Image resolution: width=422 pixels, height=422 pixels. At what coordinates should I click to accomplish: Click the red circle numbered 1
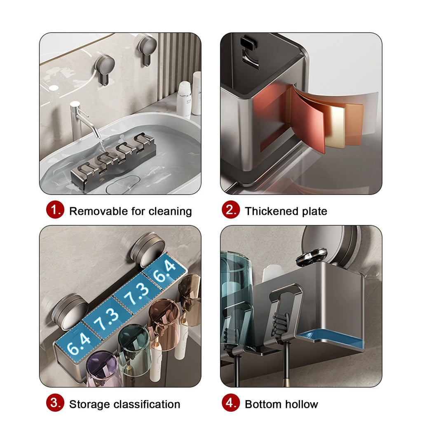[55, 210]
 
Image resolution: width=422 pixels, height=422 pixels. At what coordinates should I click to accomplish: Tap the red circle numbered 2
[231, 210]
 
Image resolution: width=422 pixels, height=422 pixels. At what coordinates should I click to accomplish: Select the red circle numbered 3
[55, 403]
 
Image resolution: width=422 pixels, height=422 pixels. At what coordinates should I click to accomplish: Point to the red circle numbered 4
[231, 403]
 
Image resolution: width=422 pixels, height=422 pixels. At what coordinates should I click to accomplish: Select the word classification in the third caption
[147, 404]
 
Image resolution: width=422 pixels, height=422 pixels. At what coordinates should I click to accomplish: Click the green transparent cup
[134, 347]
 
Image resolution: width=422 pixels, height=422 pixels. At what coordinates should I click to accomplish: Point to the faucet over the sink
[82, 121]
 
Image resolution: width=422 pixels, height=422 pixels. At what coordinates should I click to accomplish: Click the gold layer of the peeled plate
[335, 126]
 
